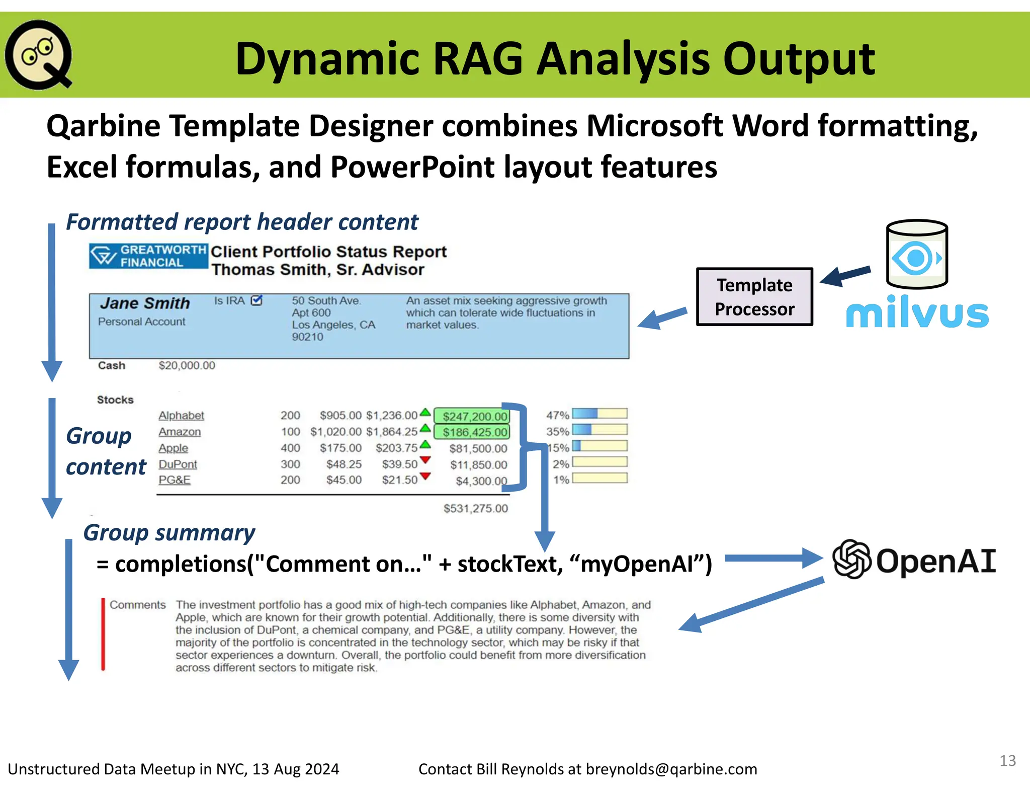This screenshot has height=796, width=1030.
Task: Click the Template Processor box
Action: (x=754, y=297)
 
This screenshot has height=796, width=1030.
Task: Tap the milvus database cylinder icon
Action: (x=916, y=254)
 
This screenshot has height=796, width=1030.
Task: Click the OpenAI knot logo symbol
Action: (x=851, y=559)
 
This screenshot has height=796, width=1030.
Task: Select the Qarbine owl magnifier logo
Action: (x=38, y=54)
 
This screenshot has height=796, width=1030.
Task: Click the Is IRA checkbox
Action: (x=256, y=300)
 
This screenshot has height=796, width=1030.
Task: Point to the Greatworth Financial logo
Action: (x=148, y=256)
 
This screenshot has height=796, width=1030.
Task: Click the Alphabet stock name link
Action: (x=181, y=416)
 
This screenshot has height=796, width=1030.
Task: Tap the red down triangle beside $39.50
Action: (x=425, y=460)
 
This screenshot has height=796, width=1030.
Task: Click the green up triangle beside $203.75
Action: (x=425, y=444)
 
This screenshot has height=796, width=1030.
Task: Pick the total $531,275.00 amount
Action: (x=475, y=508)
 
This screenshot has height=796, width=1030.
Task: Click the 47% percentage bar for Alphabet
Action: (x=599, y=414)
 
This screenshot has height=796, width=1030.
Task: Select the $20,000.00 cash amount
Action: (x=187, y=366)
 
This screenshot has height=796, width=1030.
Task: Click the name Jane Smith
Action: (x=145, y=303)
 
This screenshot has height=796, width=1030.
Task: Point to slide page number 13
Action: (x=1007, y=760)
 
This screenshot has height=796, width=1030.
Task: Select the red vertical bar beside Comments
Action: (x=103, y=634)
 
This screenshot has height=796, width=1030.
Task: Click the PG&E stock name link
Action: (x=174, y=480)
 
